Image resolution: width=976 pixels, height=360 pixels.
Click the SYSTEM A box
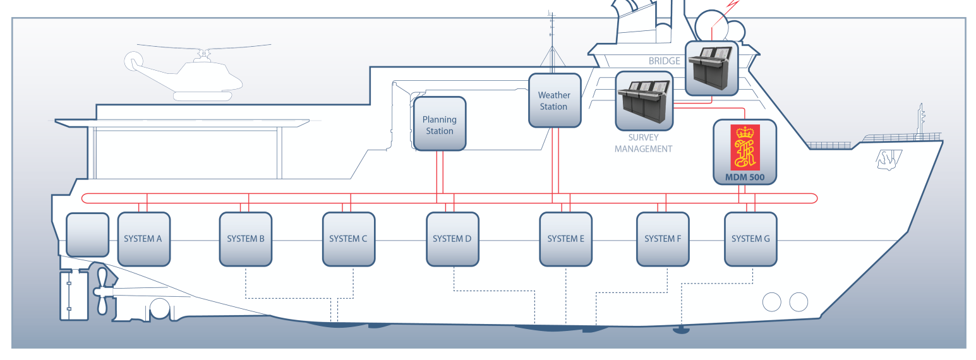coord(143,239)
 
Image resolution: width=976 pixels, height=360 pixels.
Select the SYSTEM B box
coord(245,239)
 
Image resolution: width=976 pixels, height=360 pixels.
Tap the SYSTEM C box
coord(348,239)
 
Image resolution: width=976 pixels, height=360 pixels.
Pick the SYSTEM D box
coord(452,239)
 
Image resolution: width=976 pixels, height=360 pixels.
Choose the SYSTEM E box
coord(565,239)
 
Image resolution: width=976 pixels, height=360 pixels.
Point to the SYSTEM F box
coord(663,239)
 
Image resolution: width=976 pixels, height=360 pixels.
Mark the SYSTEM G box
coord(750,239)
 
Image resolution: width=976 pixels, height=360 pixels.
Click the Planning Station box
coord(439,124)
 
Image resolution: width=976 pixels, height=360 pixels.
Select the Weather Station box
coord(553,100)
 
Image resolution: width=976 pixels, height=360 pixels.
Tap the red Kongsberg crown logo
coord(745,147)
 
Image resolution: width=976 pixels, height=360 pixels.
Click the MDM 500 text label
coord(745,177)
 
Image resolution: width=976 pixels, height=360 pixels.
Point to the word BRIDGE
coord(664,61)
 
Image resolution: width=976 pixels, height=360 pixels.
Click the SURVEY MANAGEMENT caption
coord(643,143)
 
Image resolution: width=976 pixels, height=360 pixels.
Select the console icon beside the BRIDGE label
coord(711,68)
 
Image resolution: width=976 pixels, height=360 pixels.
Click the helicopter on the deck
coord(190,75)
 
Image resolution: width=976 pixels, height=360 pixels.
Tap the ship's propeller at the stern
coord(102,291)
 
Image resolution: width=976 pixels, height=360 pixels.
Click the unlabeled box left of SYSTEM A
coord(87,235)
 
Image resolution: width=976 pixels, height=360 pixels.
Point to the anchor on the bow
coord(885,160)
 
